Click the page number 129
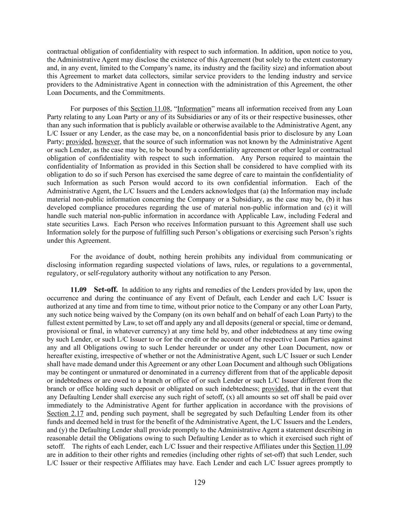click(x=199, y=482)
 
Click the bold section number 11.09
click(x=78, y=290)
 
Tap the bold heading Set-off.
click(x=106, y=290)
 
